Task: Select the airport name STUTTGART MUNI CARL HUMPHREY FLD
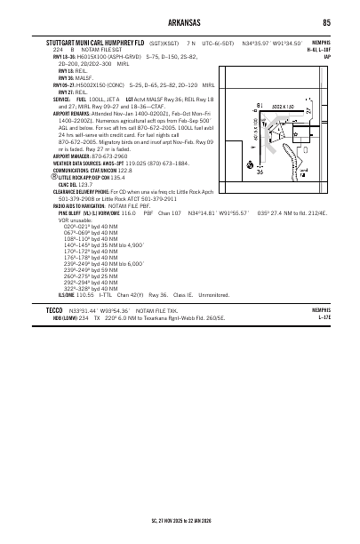[95, 42]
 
